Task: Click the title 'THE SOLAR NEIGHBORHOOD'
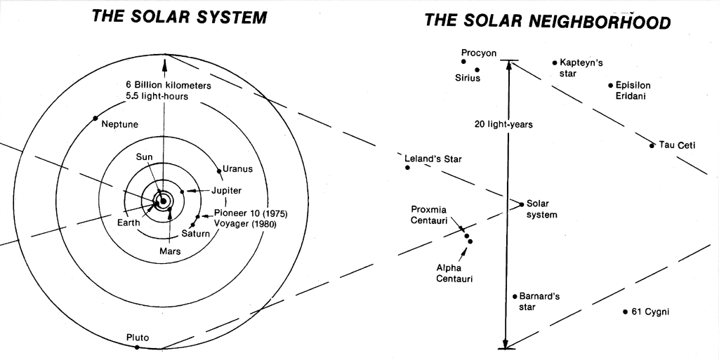[x=548, y=20]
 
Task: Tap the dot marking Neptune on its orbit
[x=95, y=118]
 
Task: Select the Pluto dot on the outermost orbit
[x=137, y=347]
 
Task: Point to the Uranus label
[x=237, y=169]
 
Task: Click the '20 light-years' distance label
[x=503, y=124]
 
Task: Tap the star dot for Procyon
[x=463, y=62]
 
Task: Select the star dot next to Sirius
[x=477, y=69]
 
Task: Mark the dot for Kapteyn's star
[x=555, y=62]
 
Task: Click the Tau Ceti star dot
[x=652, y=145]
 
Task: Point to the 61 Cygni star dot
[x=625, y=312]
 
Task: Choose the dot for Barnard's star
[x=515, y=297]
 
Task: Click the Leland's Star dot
[x=407, y=168]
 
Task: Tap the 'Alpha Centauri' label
[x=454, y=273]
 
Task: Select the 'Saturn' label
[x=195, y=234]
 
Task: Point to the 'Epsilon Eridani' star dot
[x=611, y=85]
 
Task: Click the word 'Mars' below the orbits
[x=170, y=251]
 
